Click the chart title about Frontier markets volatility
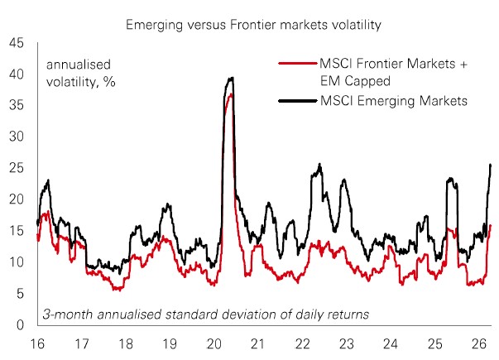point(253,26)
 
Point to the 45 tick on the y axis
point(16,43)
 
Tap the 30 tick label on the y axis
point(16,137)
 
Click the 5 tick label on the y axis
point(19,293)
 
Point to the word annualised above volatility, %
point(79,64)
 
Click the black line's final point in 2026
point(491,165)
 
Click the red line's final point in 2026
point(491,225)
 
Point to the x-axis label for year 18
point(125,343)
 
